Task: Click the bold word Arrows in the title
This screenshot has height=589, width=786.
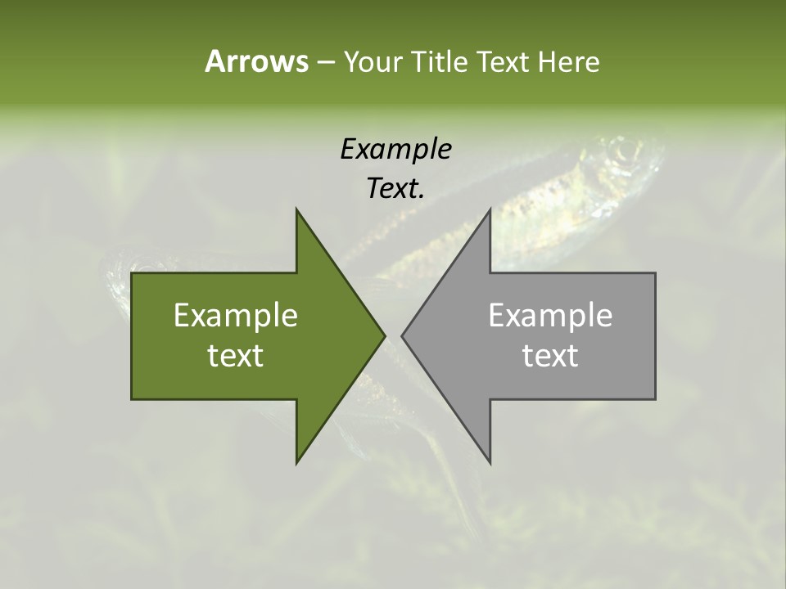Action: (x=255, y=61)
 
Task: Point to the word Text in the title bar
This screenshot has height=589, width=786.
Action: (x=504, y=62)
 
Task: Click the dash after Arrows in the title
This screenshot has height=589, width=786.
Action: (x=325, y=63)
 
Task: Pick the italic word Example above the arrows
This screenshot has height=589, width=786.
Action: (x=395, y=149)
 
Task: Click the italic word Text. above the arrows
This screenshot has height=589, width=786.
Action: (x=395, y=188)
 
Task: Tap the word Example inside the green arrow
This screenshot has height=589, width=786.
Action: (x=236, y=315)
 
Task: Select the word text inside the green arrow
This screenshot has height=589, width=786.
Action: (x=236, y=355)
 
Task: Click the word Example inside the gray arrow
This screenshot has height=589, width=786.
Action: (x=550, y=315)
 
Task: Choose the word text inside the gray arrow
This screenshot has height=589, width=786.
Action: (x=550, y=355)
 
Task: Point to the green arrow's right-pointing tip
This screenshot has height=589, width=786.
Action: (x=384, y=335)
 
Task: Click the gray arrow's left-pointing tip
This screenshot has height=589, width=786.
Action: (x=402, y=335)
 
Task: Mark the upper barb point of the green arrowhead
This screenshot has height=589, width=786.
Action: (x=296, y=209)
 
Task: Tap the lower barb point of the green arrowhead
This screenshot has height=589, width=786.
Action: (x=296, y=463)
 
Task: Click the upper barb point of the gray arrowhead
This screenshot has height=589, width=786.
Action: (x=490, y=209)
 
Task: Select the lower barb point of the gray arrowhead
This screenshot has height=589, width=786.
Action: (x=490, y=463)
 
